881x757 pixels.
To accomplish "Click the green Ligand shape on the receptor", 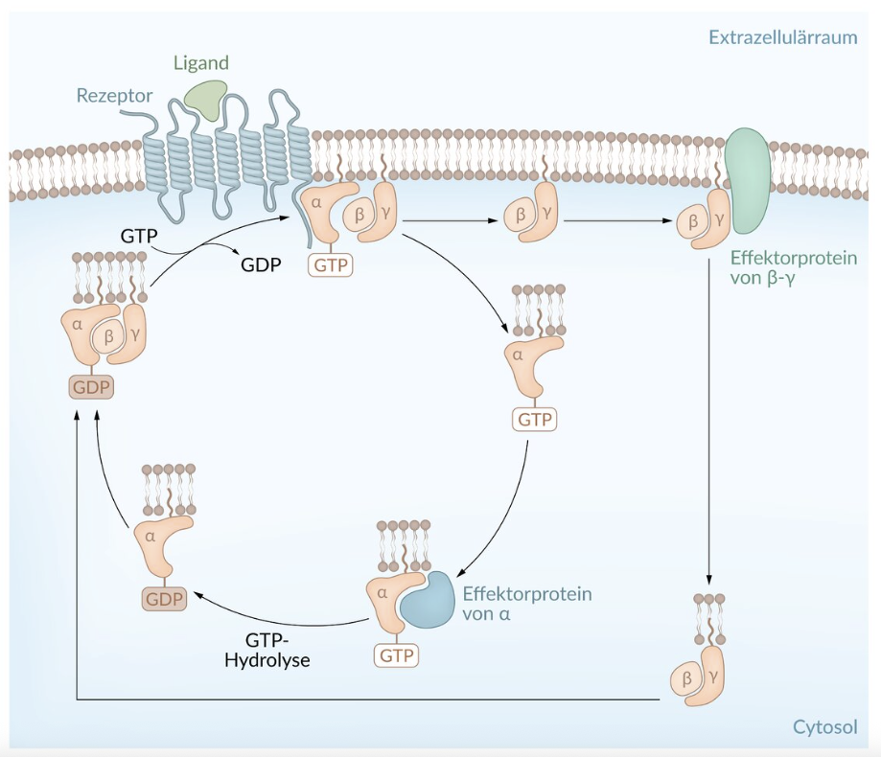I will pos(205,98).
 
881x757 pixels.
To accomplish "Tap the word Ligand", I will pos(201,63).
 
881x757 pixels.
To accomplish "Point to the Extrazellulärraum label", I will pos(782,37).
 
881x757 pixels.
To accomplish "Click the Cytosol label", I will pos(823,726).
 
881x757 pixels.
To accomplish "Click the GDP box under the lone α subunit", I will pos(163,599).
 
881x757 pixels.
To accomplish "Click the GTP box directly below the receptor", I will pos(330,264).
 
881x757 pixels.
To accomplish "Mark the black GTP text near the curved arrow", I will pos(140,235).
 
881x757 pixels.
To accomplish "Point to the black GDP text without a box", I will pos(261,264).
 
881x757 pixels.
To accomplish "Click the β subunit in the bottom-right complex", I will pos(686,679).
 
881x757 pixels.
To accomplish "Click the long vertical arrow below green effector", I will pos(709,431).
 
